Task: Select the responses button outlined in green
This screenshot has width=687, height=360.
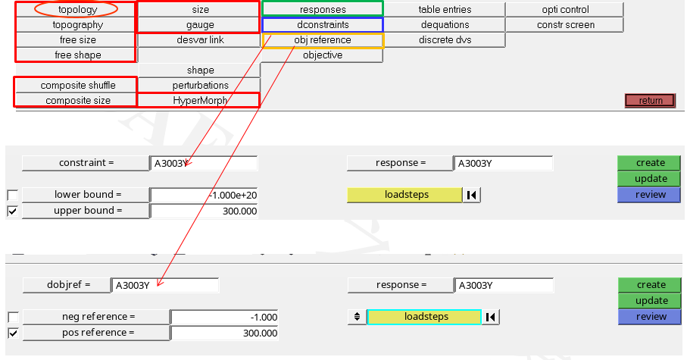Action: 323,9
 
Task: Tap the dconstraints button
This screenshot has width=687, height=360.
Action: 323,24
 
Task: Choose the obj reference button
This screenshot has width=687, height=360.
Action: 323,40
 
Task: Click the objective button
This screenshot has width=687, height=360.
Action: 323,55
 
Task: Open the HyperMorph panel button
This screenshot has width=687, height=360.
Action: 200,100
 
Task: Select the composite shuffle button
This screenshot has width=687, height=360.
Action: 77,85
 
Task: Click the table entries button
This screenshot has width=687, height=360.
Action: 445,9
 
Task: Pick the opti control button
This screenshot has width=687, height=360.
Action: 565,9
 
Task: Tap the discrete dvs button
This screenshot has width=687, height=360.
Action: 445,40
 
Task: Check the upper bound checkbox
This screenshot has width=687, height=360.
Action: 13,211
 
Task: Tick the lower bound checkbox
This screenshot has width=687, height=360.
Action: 13,195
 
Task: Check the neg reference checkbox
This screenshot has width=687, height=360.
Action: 13,317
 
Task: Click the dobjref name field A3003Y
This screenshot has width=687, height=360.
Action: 164,286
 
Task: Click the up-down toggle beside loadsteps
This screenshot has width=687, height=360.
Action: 357,317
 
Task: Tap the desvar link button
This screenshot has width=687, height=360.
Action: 200,40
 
